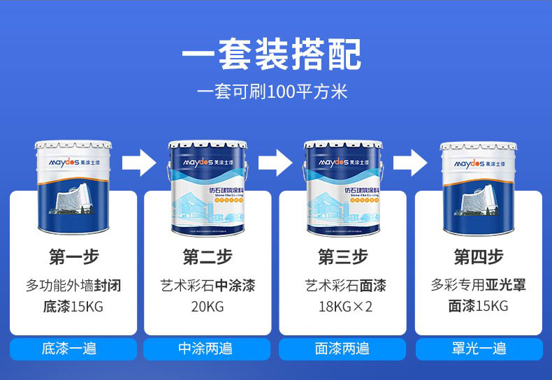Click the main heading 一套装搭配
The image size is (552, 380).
click(272, 55)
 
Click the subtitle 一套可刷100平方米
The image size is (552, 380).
click(272, 92)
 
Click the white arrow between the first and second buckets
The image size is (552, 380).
click(139, 161)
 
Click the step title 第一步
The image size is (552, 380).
click(73, 257)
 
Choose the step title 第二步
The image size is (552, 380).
click(208, 257)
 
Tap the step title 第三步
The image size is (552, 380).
click(342, 257)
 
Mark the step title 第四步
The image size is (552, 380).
click(478, 257)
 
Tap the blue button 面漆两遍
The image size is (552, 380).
click(342, 349)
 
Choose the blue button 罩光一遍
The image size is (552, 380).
click(479, 349)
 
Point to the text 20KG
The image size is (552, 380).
click(208, 306)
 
